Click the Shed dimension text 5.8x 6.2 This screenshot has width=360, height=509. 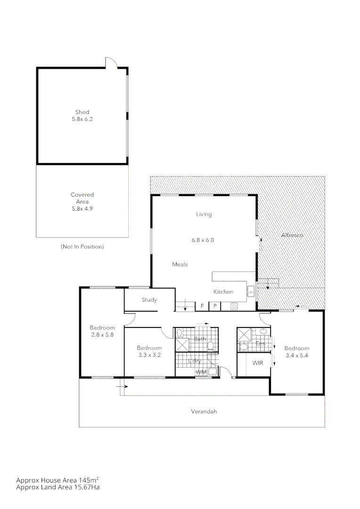point(82,119)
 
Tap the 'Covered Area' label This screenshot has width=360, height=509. point(82,198)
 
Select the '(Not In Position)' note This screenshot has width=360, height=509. point(82,246)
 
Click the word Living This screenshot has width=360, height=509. point(204,214)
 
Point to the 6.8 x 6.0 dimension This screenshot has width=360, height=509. point(203,240)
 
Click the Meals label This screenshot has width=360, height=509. point(180,264)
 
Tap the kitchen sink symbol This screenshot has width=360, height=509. point(251,291)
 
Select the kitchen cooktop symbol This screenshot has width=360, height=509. point(234,306)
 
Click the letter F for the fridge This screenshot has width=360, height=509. point(202,306)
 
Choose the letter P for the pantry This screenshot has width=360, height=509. point(215,306)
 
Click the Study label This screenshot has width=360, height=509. point(149,300)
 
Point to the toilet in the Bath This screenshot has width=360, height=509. point(211,345)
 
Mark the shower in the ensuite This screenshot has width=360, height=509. point(244,334)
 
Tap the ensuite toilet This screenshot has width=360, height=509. point(243,347)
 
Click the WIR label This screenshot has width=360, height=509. point(257,363)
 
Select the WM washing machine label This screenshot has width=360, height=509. point(201,372)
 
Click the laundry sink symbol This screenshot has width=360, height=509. point(213,372)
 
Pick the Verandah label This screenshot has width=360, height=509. point(204,411)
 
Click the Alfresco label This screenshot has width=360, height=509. point(292,235)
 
